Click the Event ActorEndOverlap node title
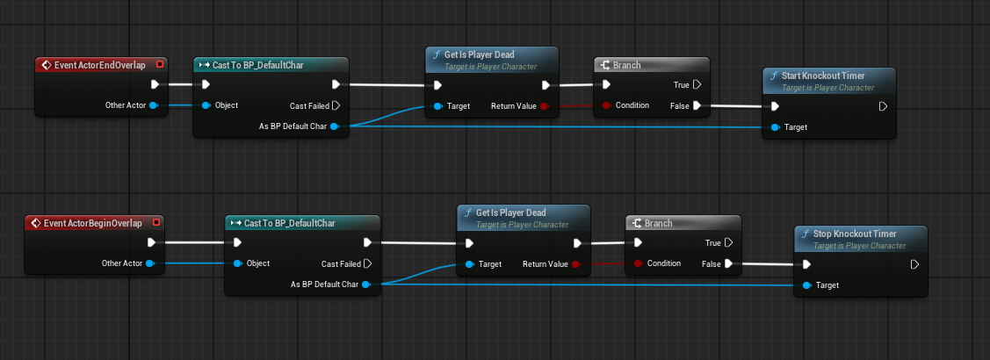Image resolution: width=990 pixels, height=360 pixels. tap(99, 65)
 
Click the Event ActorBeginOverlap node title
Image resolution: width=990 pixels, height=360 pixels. tap(93, 223)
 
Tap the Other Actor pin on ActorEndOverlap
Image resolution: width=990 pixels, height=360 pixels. tap(153, 105)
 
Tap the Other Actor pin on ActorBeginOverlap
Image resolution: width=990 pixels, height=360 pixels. tap(149, 263)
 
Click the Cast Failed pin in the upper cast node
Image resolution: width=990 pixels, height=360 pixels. tap(336, 105)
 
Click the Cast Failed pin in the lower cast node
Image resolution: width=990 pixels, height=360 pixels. tap(367, 263)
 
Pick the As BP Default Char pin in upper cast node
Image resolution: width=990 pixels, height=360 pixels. tap(336, 126)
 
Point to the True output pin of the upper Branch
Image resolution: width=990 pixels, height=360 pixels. tap(697, 85)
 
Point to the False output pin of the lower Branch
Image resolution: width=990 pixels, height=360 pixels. tap(728, 263)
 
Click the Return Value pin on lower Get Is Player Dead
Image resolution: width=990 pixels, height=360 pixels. tap(575, 263)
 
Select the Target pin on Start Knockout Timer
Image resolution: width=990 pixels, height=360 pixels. tap(775, 127)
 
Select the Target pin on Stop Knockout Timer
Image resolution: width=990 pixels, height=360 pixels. tap(806, 285)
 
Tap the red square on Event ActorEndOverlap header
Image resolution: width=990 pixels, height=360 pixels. tap(159, 64)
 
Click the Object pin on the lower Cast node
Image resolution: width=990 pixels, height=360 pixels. tap(237, 263)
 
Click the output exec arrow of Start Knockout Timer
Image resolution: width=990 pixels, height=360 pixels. tap(883, 106)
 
